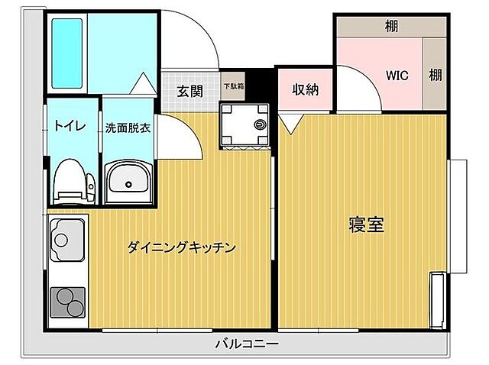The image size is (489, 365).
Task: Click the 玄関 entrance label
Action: coord(189,91)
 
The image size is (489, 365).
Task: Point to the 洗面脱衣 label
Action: coord(128,128)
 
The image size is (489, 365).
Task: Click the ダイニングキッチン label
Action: coord(181,247)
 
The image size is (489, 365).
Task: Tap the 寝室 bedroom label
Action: coord(366,224)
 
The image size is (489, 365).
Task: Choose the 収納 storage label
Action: coord(305,89)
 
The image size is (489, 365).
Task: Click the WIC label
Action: coord(397,76)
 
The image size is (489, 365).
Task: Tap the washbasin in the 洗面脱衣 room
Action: coord(128,182)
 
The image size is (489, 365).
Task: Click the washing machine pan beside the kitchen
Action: coord(246,124)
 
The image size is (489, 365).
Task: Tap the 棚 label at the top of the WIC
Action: coord(390,27)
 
